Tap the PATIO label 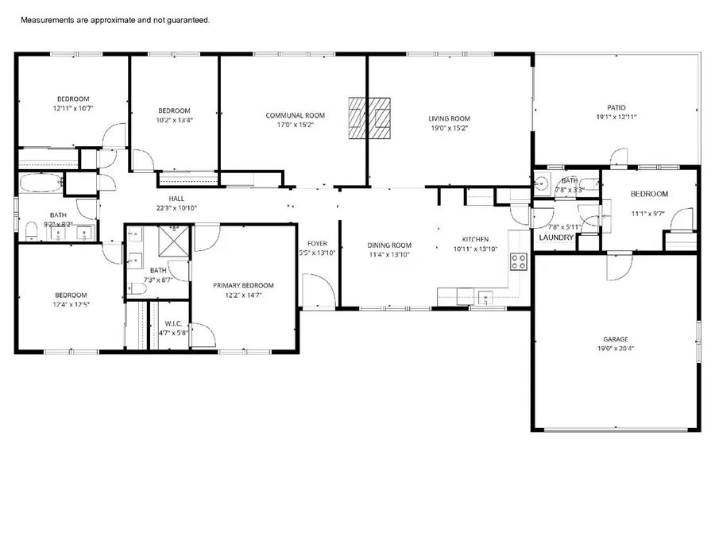(616, 107)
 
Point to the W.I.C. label (174, 323)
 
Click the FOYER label (318, 243)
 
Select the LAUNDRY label (556, 237)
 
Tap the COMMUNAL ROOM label (295, 116)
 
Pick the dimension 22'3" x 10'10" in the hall (176, 207)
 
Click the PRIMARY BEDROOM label (242, 285)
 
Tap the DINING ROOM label (389, 245)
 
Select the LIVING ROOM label (450, 118)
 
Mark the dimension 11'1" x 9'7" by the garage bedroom (649, 214)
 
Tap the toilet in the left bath (30, 231)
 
